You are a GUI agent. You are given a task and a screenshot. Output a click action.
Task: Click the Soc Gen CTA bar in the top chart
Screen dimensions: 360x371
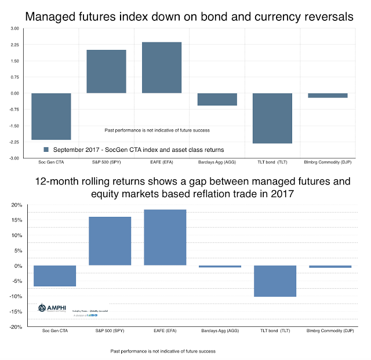click(x=51, y=116)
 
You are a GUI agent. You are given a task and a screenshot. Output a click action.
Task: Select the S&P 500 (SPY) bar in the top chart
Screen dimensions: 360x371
click(x=106, y=71)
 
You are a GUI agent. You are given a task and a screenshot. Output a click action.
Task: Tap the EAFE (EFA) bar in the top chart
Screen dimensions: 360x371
click(x=162, y=67)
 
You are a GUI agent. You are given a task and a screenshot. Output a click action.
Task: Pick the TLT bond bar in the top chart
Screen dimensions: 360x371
click(x=272, y=118)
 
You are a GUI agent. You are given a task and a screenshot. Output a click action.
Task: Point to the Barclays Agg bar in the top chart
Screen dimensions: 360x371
click(x=217, y=99)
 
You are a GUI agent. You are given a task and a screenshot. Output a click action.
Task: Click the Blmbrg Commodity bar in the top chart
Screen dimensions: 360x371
click(x=328, y=96)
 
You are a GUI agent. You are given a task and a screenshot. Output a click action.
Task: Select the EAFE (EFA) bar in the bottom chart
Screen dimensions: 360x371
click(x=165, y=237)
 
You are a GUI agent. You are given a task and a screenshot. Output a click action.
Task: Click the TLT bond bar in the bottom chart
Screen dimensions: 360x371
click(x=276, y=281)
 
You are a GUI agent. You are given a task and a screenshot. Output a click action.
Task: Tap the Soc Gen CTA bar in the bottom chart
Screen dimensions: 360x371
click(x=55, y=276)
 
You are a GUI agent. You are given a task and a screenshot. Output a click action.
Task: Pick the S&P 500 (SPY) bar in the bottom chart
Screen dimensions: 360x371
click(x=110, y=241)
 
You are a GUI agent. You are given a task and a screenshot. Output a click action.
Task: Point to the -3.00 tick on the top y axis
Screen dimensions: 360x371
click(x=14, y=158)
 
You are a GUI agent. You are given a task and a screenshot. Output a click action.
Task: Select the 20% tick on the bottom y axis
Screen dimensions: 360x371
click(x=16, y=205)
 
